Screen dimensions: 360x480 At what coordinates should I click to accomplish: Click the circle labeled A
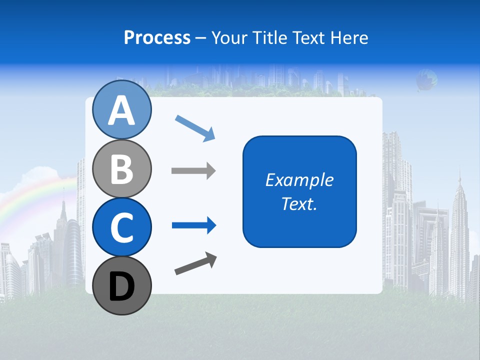(122, 109)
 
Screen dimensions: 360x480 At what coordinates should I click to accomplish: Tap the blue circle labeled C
(122, 227)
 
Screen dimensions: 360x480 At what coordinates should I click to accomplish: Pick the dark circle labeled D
(122, 286)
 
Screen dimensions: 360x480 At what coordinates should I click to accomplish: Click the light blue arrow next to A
(195, 128)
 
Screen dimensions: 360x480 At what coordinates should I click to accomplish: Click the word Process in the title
(157, 38)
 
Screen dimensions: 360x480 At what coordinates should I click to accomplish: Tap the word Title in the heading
(270, 38)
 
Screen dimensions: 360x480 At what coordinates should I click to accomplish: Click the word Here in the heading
(349, 38)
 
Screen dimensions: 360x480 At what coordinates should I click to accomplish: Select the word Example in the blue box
(299, 180)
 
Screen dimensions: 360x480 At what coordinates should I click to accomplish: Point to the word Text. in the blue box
(299, 204)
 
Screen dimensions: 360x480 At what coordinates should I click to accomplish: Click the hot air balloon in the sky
(426, 79)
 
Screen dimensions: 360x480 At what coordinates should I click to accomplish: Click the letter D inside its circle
(122, 287)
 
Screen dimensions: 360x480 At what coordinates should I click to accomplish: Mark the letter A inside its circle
(122, 110)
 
